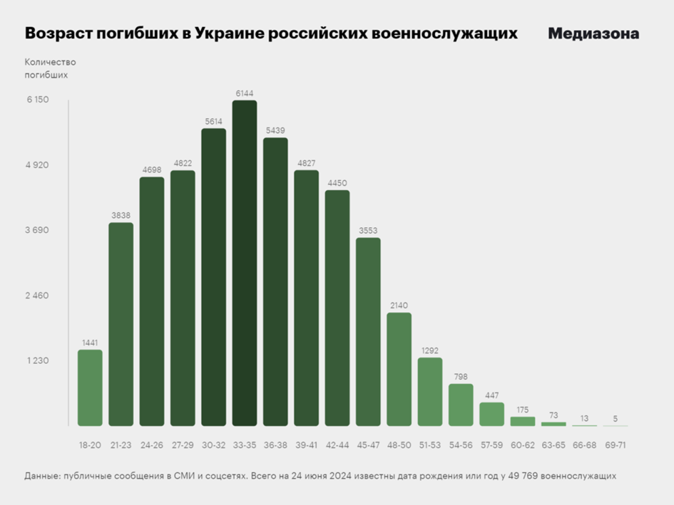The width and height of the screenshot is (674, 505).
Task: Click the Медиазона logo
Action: coord(593,33)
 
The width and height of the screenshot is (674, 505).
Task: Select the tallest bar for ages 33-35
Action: coord(245,264)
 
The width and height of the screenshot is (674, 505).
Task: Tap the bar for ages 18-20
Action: coord(90,388)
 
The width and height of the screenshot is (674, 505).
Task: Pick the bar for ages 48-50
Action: coord(399,370)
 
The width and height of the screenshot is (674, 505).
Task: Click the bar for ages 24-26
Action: coord(152,301)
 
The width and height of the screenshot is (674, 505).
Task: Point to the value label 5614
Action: coord(214,122)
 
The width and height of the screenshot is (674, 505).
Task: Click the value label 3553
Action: coord(368,231)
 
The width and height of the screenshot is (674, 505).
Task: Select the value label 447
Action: coord(491,395)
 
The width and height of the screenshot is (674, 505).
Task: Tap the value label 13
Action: coord(584,418)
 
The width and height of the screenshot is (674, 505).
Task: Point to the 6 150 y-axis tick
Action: coord(38,100)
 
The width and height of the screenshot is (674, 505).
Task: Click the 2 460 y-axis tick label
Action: coord(38,296)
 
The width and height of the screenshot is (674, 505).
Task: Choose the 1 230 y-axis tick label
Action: coord(38,360)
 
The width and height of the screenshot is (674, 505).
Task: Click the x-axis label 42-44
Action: coord(337,445)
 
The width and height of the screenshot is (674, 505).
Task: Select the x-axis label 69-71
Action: coord(616,445)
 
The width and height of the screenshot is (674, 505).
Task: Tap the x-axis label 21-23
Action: coord(121,445)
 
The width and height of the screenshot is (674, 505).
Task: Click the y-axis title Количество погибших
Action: coord(50,68)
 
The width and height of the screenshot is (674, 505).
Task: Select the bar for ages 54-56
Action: coord(461,405)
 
